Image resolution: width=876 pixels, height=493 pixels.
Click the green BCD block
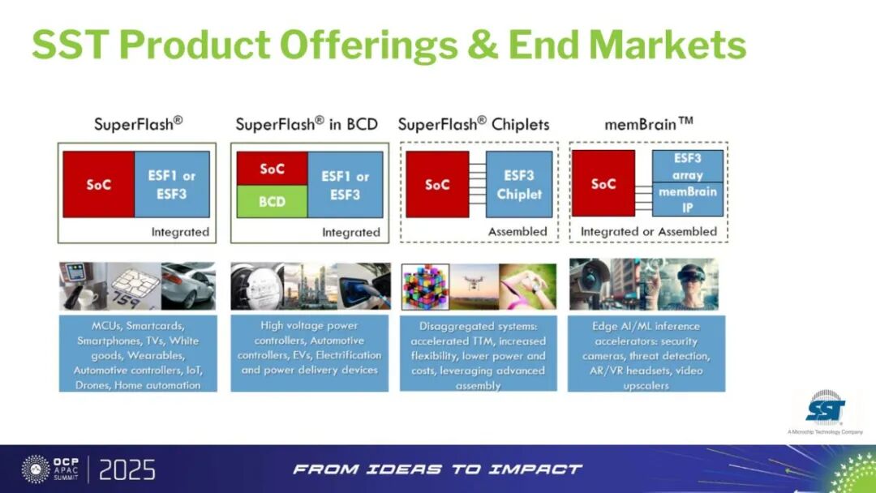(x=272, y=202)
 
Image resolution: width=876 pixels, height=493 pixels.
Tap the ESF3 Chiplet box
(x=519, y=184)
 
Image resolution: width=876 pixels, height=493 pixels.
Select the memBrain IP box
(x=688, y=199)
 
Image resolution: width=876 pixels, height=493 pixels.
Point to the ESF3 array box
(x=688, y=166)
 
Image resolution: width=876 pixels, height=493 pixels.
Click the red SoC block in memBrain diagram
(x=603, y=183)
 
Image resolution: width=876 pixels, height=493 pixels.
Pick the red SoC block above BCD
(x=272, y=169)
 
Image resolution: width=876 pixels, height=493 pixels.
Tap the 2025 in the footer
(x=127, y=469)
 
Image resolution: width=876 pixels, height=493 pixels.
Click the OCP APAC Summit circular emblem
(x=36, y=469)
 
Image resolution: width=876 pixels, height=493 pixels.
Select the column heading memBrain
(x=649, y=123)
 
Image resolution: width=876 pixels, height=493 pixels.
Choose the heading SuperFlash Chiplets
(x=474, y=124)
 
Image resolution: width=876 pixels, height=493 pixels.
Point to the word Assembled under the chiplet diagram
(x=517, y=232)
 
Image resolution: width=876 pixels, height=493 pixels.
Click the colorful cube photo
(x=425, y=286)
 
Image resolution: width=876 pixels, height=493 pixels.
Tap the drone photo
(x=474, y=286)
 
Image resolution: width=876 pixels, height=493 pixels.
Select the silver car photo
(x=188, y=286)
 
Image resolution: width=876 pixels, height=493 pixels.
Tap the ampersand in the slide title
(x=483, y=45)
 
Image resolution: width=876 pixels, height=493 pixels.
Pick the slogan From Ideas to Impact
(x=437, y=469)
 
